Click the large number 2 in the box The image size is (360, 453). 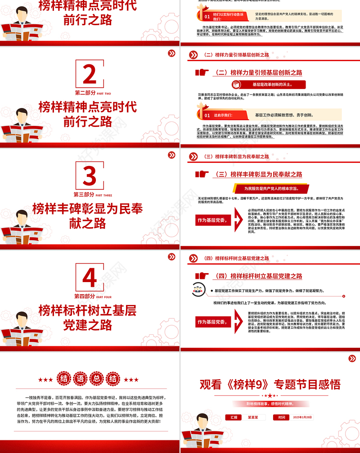(90, 75)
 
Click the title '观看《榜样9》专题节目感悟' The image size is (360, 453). (270, 384)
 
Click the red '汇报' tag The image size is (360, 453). (234, 417)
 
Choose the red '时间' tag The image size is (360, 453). (281, 417)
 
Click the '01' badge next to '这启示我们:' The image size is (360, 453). (207, 116)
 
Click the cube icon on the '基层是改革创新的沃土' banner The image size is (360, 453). (238, 85)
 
